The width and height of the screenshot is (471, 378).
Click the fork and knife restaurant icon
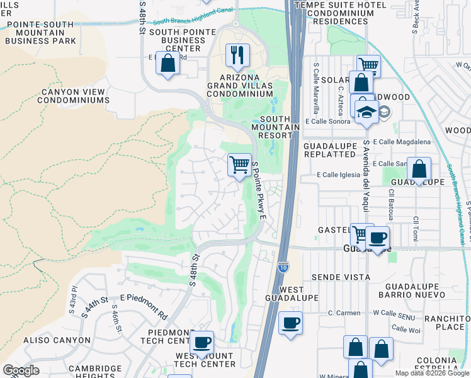pos(237,56)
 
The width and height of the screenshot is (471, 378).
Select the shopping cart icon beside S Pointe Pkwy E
pos(239,166)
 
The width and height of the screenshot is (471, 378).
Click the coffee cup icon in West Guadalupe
pos(290,323)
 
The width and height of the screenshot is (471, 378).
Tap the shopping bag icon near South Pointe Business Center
pos(167,64)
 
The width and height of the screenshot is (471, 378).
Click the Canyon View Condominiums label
pos(74,96)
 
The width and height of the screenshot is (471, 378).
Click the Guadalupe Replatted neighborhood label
pos(329,150)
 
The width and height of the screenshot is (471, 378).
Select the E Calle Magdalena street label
pos(402,142)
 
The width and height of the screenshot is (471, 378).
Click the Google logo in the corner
pos(21,370)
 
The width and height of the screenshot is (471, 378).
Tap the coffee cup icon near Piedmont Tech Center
pos(201,343)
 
